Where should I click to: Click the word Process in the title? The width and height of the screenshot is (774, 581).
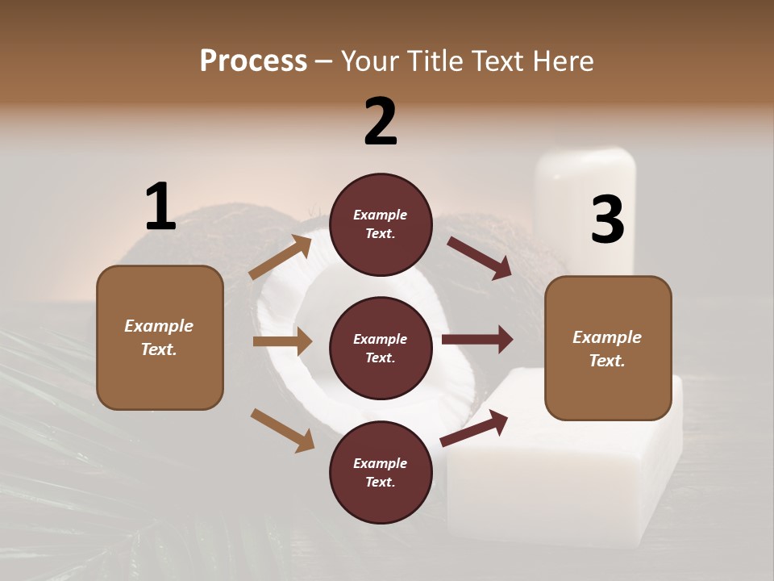coord(253,61)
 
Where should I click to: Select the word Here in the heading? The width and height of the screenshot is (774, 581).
coord(563,61)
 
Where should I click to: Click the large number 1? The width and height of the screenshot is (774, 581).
coord(160,207)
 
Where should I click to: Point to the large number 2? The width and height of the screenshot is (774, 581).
coord(381,122)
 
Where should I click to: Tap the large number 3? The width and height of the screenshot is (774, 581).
coord(607,220)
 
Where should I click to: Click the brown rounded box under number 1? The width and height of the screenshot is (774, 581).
coord(160,337)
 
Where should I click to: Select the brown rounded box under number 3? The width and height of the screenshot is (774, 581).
coord(608,348)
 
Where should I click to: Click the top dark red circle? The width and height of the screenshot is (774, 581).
coord(380,224)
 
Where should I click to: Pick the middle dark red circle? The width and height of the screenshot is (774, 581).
coord(380,348)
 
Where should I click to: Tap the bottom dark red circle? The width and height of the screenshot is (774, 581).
coord(380,472)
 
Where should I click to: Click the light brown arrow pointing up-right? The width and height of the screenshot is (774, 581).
coord(281,257)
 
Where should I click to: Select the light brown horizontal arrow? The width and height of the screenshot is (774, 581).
coord(282,341)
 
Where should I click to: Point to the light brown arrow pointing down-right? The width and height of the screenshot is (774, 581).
coord(283,430)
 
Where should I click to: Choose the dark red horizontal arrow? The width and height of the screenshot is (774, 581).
coord(477,339)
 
